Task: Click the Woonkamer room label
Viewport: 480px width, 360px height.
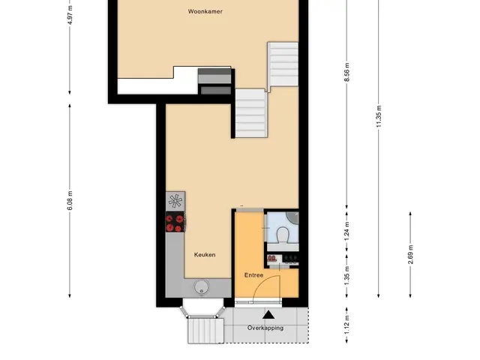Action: pos(205,12)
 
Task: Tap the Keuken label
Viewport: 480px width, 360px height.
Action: pos(205,255)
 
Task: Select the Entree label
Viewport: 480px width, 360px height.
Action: pos(253,275)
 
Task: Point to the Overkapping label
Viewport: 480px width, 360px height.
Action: pos(265,328)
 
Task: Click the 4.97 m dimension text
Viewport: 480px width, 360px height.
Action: pos(70,15)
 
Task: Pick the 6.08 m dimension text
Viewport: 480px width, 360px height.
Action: pos(70,200)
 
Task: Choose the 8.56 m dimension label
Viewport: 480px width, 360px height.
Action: pos(346,72)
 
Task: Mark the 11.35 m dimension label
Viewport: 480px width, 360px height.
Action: pos(379,116)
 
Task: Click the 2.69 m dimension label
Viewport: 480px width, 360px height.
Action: pos(410,254)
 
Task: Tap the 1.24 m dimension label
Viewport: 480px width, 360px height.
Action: pos(346,231)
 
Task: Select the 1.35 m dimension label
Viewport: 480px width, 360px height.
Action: pos(346,275)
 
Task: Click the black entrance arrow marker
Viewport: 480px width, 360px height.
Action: pos(268,315)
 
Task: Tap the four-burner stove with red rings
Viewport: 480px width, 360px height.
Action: pos(175,222)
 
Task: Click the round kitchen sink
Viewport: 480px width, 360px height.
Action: pos(201,287)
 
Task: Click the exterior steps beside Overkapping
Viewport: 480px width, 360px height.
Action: pos(205,331)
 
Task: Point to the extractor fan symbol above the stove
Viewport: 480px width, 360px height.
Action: pos(175,201)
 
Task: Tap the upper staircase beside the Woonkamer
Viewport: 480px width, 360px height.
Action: pos(283,64)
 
